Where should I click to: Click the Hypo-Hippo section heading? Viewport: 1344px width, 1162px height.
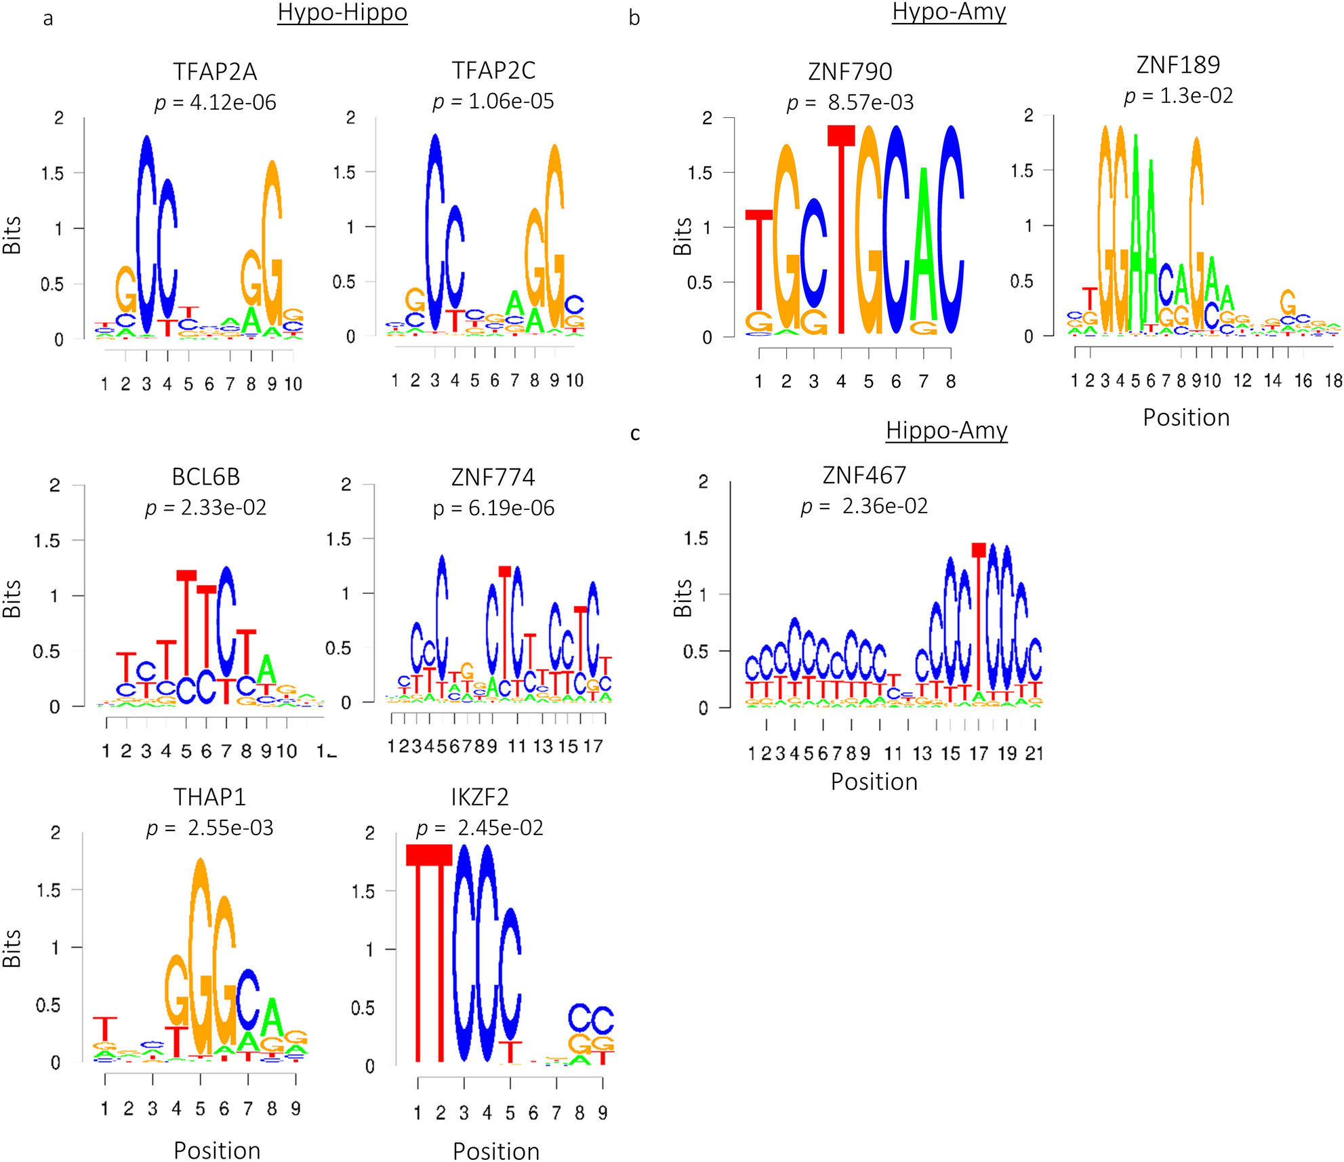coord(342,12)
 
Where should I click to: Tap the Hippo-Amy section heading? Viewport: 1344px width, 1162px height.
coord(946,430)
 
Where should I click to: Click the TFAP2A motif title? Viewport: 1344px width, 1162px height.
coord(215,71)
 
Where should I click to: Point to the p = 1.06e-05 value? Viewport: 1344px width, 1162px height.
coord(493,101)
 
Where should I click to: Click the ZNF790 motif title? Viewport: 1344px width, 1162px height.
coord(850,71)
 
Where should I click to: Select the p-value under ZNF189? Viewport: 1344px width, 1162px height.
coord(1178,96)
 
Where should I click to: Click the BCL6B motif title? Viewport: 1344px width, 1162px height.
coord(206,477)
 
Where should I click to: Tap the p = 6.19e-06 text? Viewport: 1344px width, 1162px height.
coord(493,508)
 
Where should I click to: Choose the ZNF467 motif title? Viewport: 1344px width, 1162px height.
coord(864,475)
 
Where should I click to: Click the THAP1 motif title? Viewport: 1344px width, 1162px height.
coord(209,797)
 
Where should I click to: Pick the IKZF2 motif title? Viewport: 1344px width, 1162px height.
coord(480,797)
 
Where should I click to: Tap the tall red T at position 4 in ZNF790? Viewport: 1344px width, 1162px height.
coord(841,231)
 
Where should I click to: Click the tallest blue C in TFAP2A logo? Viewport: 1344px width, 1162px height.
coord(147,234)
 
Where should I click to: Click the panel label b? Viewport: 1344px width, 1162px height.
coord(634,18)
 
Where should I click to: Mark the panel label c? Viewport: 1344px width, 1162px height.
coord(635,433)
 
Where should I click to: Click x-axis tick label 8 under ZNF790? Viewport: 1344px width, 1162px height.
coord(951,382)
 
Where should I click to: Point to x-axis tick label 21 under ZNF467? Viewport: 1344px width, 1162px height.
coord(1034,753)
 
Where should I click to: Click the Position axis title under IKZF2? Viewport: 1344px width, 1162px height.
coord(496,1150)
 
